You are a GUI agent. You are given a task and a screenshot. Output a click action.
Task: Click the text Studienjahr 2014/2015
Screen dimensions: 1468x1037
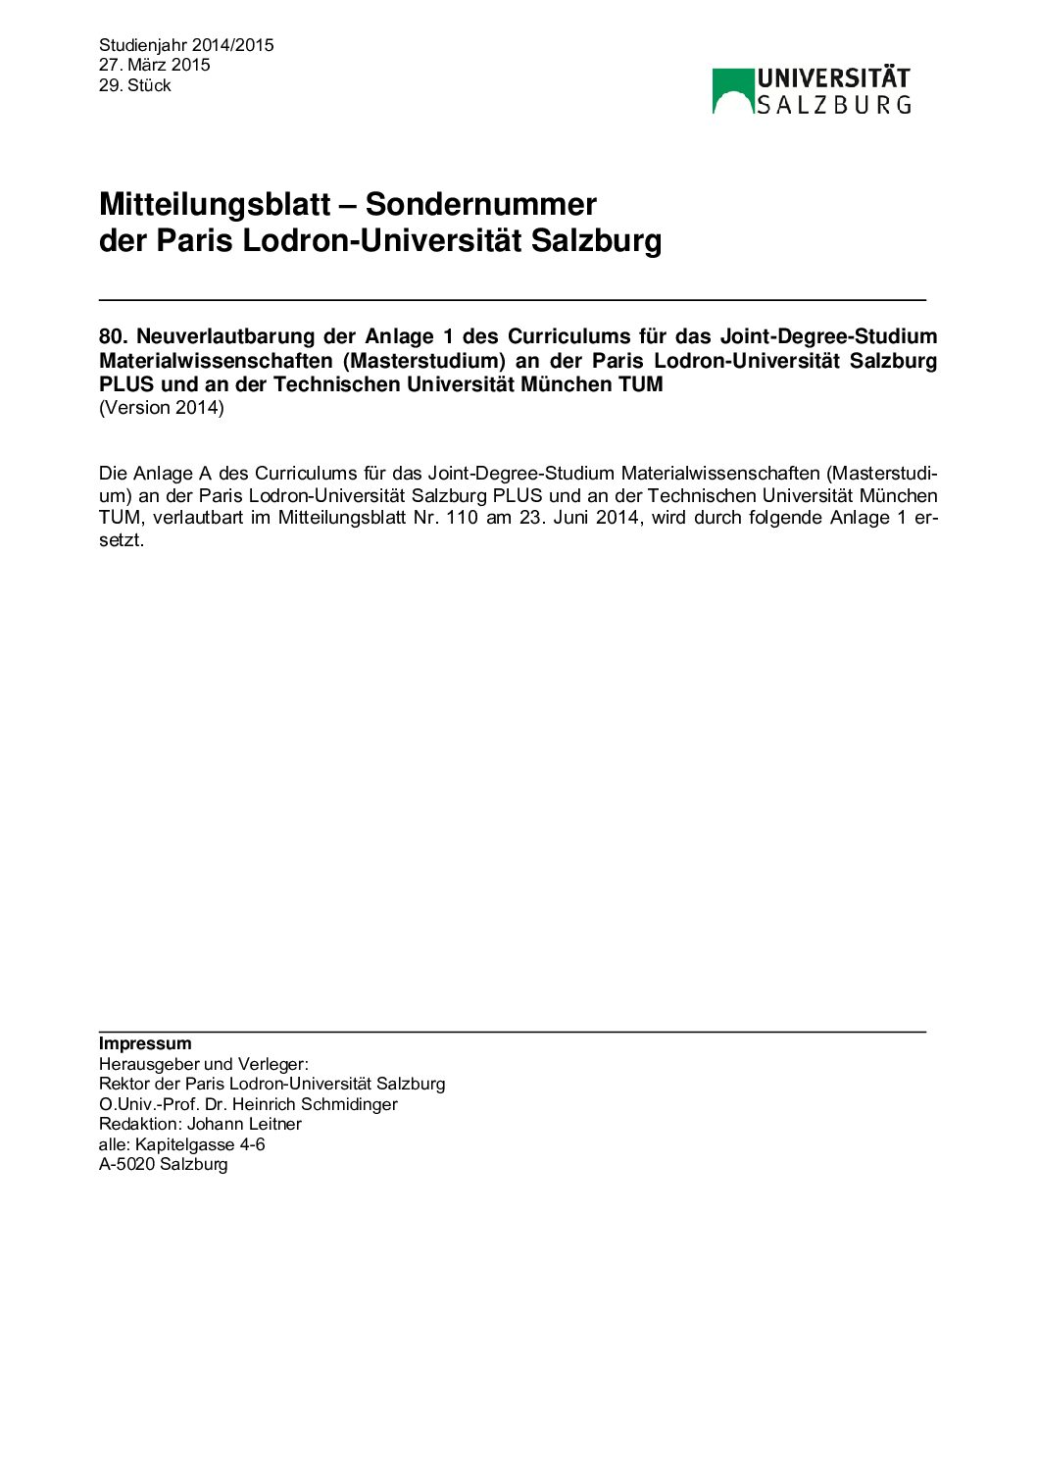(186, 45)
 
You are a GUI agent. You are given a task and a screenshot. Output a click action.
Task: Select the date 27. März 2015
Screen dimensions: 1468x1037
(154, 65)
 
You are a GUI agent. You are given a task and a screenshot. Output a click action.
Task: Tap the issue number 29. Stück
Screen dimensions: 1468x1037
(134, 85)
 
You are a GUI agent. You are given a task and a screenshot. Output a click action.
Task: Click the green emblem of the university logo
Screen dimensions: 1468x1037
(732, 90)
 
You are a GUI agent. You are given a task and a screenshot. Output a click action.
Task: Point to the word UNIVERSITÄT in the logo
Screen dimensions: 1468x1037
(833, 78)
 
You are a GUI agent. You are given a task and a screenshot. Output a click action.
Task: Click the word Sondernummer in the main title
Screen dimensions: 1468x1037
(480, 204)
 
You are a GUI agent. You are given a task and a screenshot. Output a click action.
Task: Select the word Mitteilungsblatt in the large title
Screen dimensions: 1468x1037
(215, 204)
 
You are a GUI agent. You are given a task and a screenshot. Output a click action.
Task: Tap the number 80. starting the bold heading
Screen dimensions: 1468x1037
(114, 337)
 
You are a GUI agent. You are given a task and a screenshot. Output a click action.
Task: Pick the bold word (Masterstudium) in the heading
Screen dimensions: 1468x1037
(423, 361)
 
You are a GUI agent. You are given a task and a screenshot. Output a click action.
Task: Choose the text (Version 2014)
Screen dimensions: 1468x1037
(162, 408)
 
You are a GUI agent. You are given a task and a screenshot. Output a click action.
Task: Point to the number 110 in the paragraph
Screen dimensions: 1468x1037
(462, 518)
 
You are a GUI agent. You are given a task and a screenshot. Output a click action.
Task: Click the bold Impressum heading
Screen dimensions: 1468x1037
(145, 1043)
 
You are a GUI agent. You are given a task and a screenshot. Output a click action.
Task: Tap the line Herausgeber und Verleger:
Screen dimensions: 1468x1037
(203, 1064)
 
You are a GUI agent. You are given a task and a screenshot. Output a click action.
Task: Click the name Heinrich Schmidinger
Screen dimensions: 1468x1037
(315, 1104)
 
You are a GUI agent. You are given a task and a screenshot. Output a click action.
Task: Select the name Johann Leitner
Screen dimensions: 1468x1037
(244, 1124)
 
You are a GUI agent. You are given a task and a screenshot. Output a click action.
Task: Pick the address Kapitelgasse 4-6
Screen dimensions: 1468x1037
(200, 1144)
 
